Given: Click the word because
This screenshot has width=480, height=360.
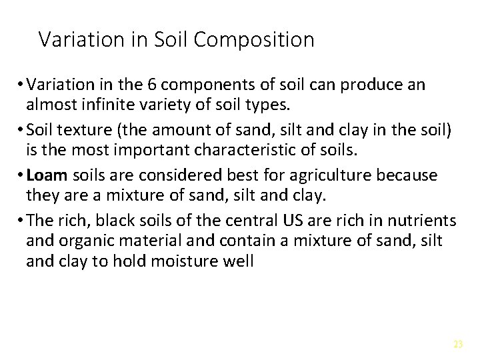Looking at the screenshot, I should point(408,175).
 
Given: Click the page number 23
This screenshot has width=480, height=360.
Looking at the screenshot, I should point(457,344).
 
